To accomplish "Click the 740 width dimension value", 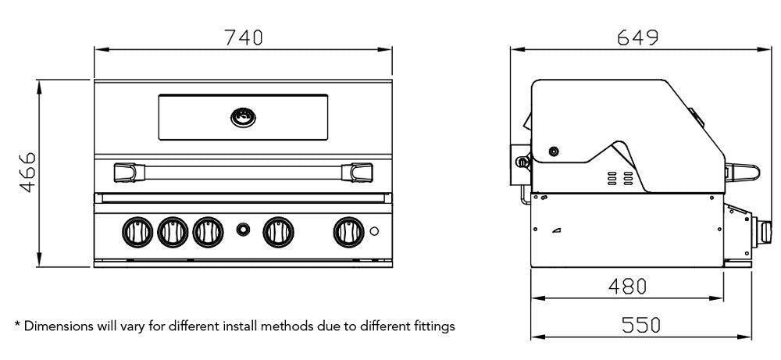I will [243, 37].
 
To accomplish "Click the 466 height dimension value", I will [27, 173].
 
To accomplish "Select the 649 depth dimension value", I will [637, 37].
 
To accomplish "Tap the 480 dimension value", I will [627, 287].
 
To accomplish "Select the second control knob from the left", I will [171, 230].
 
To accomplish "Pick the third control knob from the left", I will [207, 230].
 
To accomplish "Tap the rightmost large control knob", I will [347, 230].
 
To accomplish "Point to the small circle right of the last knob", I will [375, 231].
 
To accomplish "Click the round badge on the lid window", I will [243, 117].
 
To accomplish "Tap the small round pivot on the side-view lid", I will [554, 151].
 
